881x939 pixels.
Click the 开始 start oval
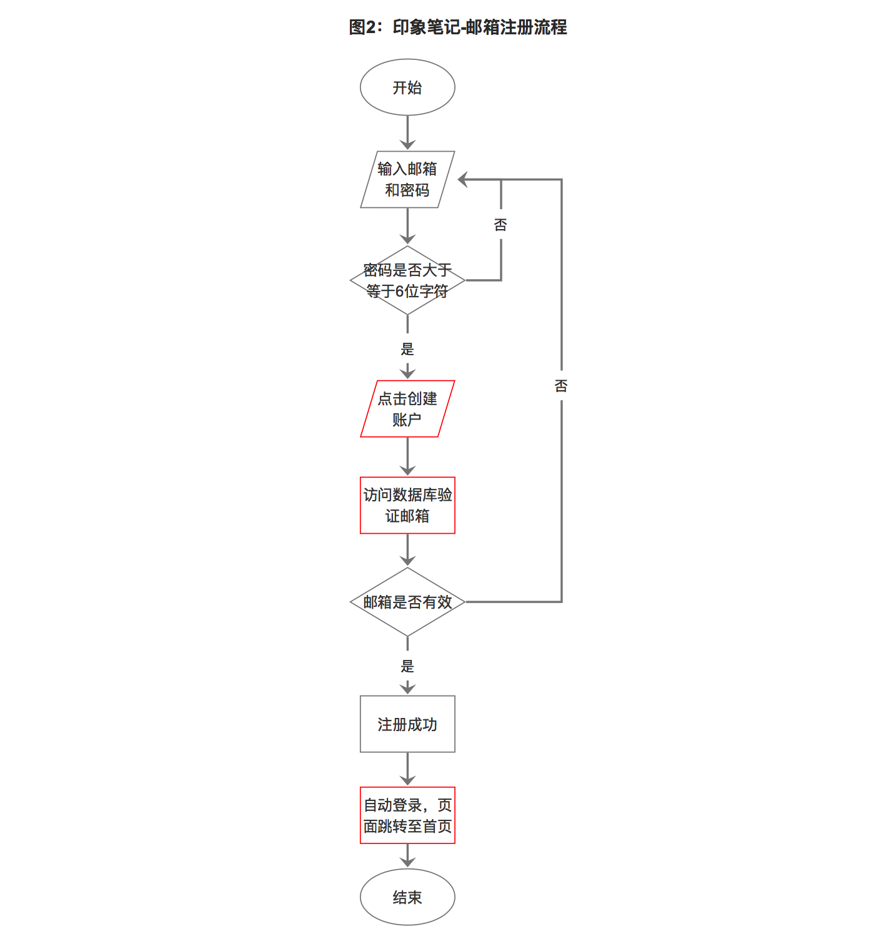pyautogui.click(x=407, y=87)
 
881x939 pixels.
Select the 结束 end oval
pyautogui.click(x=407, y=897)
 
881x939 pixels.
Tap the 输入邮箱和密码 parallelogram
pyautogui.click(x=407, y=179)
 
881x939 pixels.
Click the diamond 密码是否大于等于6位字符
pyautogui.click(x=407, y=280)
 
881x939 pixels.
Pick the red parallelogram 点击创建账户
pyautogui.click(x=407, y=409)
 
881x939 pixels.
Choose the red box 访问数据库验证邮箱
pyautogui.click(x=407, y=505)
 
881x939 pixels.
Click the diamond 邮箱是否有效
pyautogui.click(x=407, y=602)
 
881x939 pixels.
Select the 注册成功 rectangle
pyautogui.click(x=407, y=724)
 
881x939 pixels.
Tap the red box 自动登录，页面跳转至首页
pyautogui.click(x=407, y=815)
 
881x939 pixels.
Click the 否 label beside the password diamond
pyautogui.click(x=500, y=225)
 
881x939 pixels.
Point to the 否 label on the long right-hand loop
pyautogui.click(x=561, y=386)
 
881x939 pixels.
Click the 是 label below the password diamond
pyautogui.click(x=407, y=349)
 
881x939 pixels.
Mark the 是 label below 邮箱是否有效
pyautogui.click(x=407, y=666)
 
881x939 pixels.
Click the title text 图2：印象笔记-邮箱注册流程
pyautogui.click(x=458, y=27)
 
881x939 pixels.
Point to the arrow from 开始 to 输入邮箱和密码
pyautogui.click(x=407, y=133)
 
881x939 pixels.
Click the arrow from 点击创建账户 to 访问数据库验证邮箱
pyautogui.click(x=407, y=457)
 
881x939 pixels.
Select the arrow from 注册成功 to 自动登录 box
pyautogui.click(x=407, y=769)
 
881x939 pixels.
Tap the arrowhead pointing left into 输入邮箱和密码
pyautogui.click(x=464, y=180)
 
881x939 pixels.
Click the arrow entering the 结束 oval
pyautogui.click(x=407, y=856)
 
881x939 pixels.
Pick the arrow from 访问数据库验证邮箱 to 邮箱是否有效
pyautogui.click(x=407, y=550)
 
